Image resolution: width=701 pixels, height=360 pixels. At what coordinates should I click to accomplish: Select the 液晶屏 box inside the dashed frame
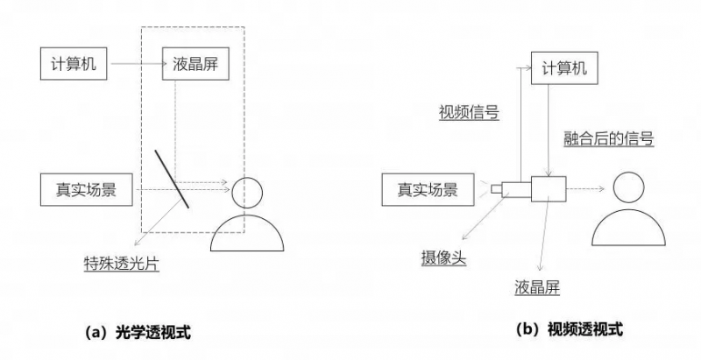point(192,64)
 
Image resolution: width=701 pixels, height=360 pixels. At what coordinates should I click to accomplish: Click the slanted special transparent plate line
point(173,179)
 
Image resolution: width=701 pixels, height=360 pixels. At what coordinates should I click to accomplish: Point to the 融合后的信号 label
point(608,138)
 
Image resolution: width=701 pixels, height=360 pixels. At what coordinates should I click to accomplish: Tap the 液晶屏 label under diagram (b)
point(536,286)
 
